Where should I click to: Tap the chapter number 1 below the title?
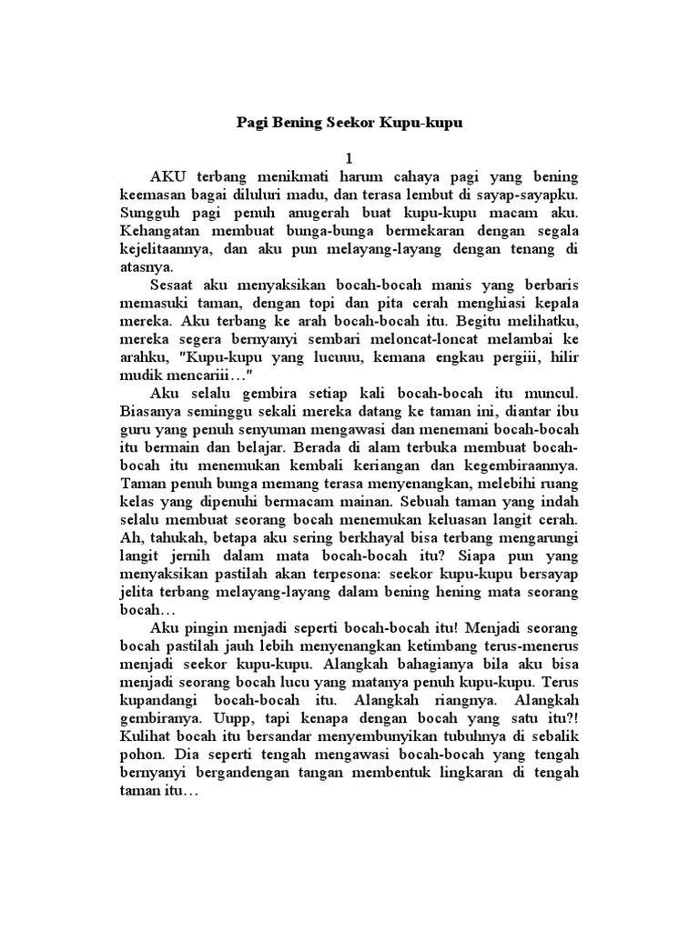[x=349, y=158]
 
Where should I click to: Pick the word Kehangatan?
[x=163, y=230]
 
